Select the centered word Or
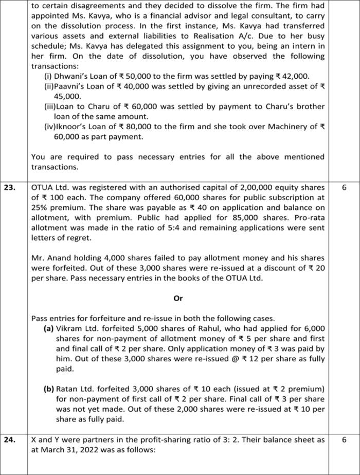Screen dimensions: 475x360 point(178,298)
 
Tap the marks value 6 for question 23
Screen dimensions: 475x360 point(344,188)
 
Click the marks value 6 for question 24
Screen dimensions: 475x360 point(344,440)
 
